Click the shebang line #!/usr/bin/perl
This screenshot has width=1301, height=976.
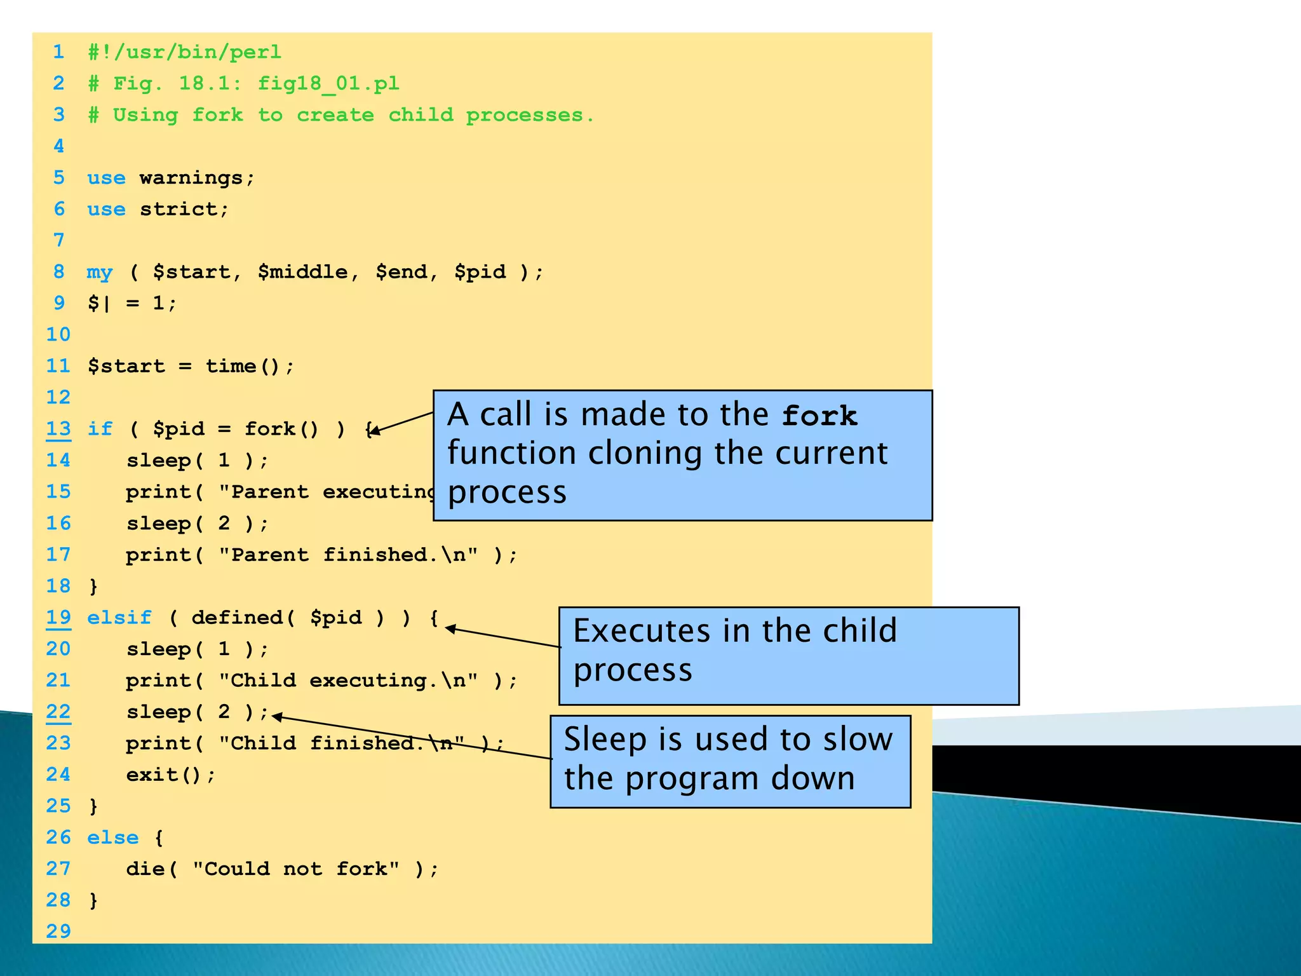point(184,51)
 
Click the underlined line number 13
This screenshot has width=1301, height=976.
point(58,429)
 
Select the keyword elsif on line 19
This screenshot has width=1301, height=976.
point(119,618)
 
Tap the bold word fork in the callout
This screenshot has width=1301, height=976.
point(819,416)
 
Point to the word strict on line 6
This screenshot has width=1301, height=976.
point(184,209)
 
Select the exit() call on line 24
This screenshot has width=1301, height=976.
point(171,775)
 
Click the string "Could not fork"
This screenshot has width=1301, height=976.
point(297,869)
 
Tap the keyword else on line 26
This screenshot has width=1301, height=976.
point(112,837)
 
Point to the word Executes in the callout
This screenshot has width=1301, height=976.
point(642,631)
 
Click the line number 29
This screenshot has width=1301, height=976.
point(58,932)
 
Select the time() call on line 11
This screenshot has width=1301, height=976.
point(249,366)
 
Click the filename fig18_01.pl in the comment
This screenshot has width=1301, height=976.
point(328,83)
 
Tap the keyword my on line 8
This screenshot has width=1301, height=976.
point(100,272)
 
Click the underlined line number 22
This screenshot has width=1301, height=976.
point(58,712)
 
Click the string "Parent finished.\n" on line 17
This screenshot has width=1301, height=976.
point(348,555)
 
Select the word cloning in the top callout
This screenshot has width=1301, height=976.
point(645,454)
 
